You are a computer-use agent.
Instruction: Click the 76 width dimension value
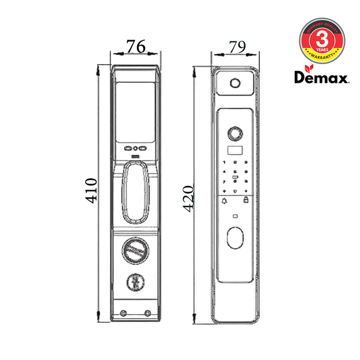(x=136, y=47)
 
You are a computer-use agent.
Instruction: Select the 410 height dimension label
(x=90, y=191)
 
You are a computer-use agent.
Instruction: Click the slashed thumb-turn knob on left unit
(x=136, y=251)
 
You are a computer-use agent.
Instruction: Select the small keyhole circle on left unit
(x=136, y=281)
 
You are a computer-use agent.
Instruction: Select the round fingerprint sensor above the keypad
(x=236, y=132)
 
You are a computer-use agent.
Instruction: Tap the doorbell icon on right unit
(x=224, y=201)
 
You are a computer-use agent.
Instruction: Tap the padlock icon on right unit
(x=247, y=201)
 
